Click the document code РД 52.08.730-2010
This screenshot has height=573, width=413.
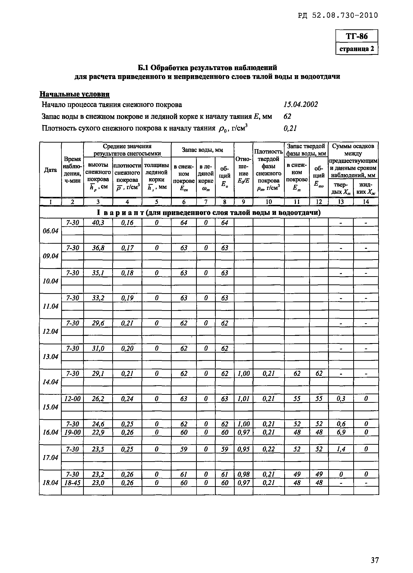click(338, 16)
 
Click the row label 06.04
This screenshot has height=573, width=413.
click(50, 231)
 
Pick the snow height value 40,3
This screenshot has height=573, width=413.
click(98, 223)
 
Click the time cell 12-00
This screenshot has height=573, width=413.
click(72, 399)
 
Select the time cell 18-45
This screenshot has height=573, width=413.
click(72, 483)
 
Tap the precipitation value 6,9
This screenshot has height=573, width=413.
click(341, 432)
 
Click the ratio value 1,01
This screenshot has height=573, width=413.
click(243, 399)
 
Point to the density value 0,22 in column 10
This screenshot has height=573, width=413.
click(268, 449)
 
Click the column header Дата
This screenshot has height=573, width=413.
click(50, 170)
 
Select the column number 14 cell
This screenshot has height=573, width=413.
click(366, 202)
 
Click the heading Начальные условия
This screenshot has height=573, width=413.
click(75, 94)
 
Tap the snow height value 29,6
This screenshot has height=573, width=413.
click(98, 323)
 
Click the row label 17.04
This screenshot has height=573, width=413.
click(50, 458)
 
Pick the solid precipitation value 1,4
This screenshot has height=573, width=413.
click(341, 449)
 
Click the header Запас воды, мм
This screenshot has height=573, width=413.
click(202, 150)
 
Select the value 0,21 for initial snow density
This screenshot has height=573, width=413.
click(290, 128)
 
